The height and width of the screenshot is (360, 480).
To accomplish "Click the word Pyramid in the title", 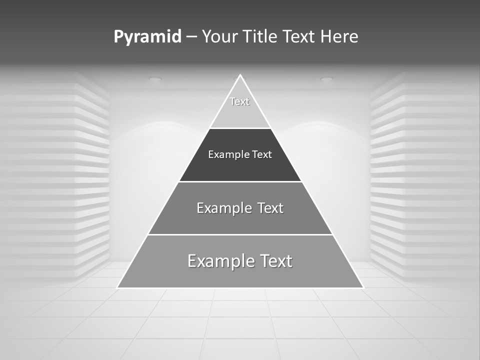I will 147,37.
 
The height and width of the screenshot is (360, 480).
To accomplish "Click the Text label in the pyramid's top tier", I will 239,101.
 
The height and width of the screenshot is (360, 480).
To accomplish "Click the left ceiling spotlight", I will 155,78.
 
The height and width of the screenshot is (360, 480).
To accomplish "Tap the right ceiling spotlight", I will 326,78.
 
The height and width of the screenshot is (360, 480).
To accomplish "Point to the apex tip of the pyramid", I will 240,75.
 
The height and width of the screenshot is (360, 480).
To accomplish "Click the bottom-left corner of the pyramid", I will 117,287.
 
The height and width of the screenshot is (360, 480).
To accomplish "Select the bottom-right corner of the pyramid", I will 362,287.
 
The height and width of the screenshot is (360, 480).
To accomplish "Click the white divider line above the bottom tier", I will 240,234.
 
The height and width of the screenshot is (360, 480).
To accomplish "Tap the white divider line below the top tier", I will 240,128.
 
